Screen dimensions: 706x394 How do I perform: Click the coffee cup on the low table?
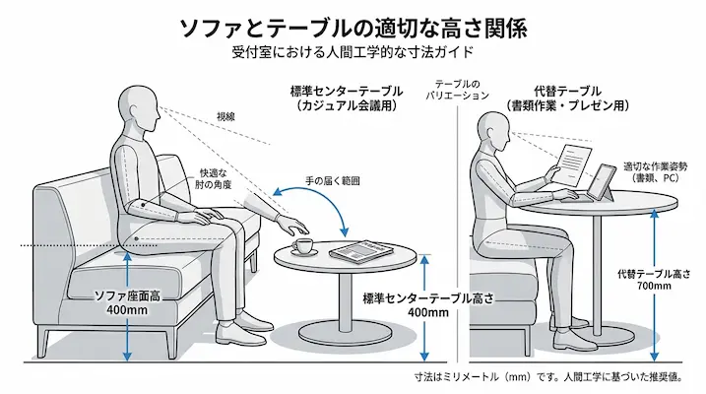pyautogui.click(x=302, y=246)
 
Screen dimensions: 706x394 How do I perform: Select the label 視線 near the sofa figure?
pyautogui.click(x=225, y=117)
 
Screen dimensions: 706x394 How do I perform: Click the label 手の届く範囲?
pyautogui.click(x=332, y=181)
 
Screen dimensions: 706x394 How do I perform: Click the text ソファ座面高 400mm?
pyautogui.click(x=127, y=303)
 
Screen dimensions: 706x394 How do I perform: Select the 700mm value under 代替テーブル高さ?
pyautogui.click(x=654, y=286)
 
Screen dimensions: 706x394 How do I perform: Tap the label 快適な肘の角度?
pyautogui.click(x=213, y=178)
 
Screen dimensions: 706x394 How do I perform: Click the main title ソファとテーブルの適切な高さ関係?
pyautogui.click(x=353, y=28)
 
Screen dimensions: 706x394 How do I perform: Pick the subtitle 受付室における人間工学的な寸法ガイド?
pyautogui.click(x=353, y=52)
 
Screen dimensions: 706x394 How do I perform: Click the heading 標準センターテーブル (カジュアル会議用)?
pyautogui.click(x=347, y=98)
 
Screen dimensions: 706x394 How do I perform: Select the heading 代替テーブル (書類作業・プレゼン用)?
pyautogui.click(x=567, y=98)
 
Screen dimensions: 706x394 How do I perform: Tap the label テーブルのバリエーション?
pyautogui.click(x=458, y=90)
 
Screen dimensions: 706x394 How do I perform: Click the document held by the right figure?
pyautogui.click(x=574, y=164)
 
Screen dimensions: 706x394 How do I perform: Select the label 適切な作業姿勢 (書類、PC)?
pyautogui.click(x=655, y=172)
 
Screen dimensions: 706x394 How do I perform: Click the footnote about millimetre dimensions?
pyautogui.click(x=548, y=376)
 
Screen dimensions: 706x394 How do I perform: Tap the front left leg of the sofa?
pyautogui.click(x=42, y=342)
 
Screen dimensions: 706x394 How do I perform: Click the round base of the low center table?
pyautogui.click(x=346, y=336)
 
